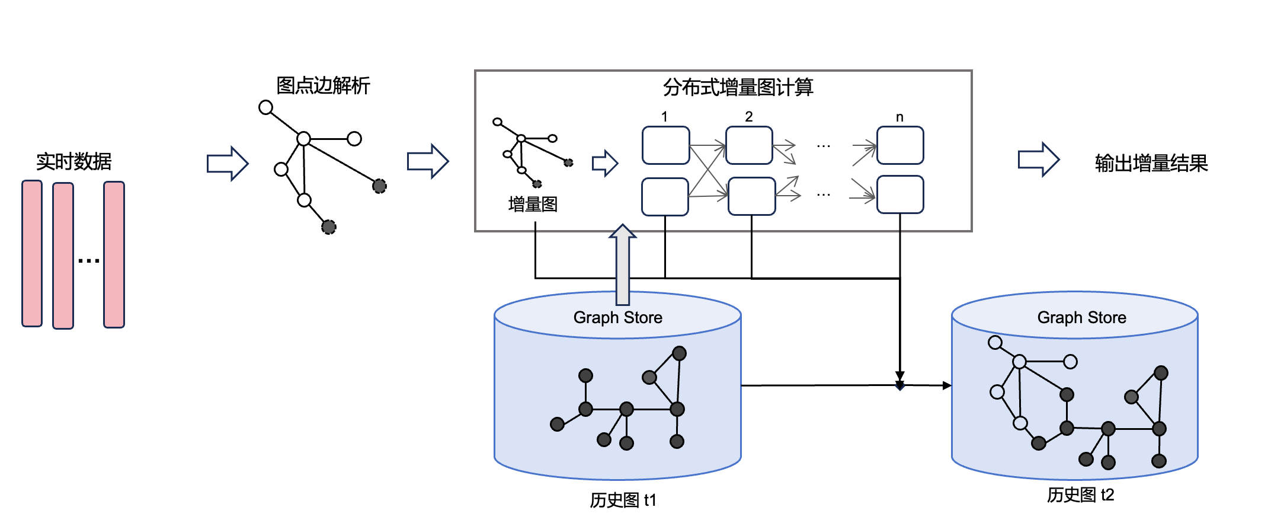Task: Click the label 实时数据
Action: [74, 161]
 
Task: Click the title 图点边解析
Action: [323, 85]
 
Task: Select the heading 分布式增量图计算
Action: [738, 87]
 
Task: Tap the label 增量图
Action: [533, 204]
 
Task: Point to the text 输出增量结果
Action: [1151, 163]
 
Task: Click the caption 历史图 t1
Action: [623, 500]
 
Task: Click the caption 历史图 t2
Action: [1080, 495]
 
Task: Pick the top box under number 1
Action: [665, 145]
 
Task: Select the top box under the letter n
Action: [900, 145]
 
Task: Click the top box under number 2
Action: [749, 145]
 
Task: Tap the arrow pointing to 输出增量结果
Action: [1038, 160]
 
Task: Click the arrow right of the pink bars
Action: [227, 163]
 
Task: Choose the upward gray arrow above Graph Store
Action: [623, 264]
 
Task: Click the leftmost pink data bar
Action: [32, 254]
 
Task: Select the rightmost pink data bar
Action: [114, 254]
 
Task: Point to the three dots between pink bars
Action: [89, 260]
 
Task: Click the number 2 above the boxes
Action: [749, 117]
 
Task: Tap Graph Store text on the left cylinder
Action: [617, 318]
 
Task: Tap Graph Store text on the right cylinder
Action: [1081, 318]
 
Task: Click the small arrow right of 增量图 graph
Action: [605, 163]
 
